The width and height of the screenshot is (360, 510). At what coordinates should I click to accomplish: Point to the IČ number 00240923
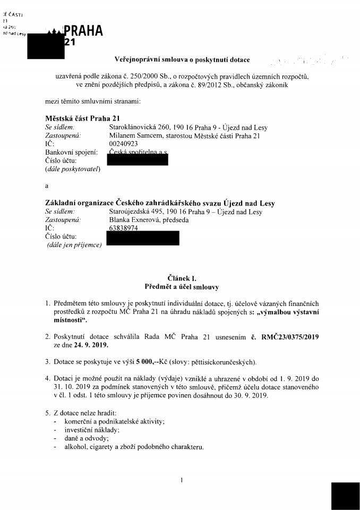pos(123,143)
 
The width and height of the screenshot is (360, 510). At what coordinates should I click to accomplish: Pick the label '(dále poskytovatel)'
pos(73,169)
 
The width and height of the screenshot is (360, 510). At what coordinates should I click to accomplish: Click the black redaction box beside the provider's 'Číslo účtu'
pos(138,159)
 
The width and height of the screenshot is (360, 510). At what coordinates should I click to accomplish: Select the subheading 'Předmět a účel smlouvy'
pos(182,287)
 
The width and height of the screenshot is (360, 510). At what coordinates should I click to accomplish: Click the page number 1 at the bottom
pos(182,480)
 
